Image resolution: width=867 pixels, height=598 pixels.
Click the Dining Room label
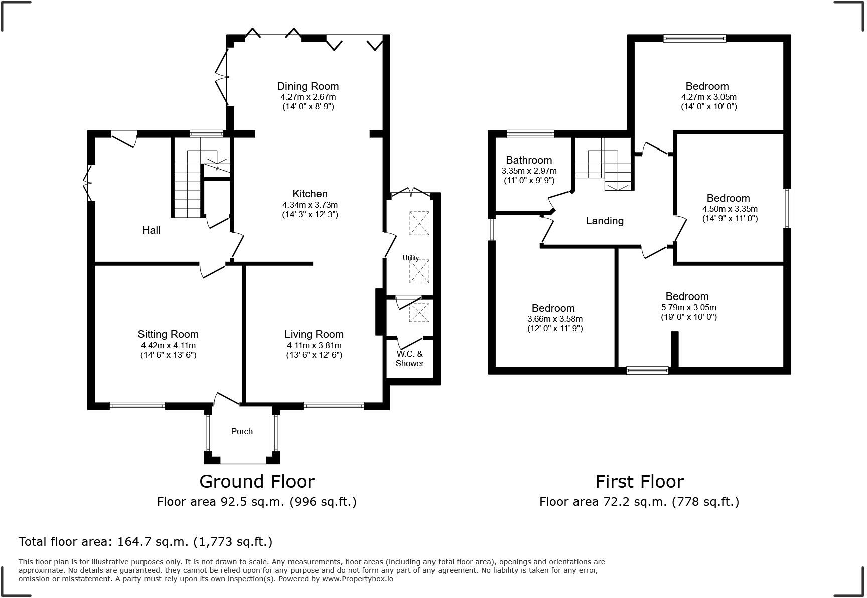[x=308, y=86]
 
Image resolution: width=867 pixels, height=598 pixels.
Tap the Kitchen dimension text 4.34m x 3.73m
[x=310, y=205]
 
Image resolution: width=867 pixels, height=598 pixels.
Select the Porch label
[x=242, y=431]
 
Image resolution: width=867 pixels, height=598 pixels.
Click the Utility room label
[x=411, y=258]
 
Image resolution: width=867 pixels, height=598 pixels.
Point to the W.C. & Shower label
[x=410, y=358]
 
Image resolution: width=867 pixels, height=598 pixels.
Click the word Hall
[x=151, y=230]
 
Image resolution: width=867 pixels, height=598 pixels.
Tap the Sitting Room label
[x=168, y=334]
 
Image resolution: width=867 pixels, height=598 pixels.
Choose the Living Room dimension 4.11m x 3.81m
[x=314, y=345]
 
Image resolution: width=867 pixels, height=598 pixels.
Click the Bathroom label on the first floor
[x=529, y=160]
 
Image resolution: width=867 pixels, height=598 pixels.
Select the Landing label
[x=605, y=221]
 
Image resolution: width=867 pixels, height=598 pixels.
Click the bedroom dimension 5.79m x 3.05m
[x=689, y=307]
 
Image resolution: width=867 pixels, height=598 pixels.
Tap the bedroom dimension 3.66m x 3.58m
[x=555, y=319]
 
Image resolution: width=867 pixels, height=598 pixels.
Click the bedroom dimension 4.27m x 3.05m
[x=709, y=97]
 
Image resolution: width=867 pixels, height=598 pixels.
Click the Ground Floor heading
[x=257, y=481]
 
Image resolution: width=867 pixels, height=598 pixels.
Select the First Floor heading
[x=639, y=481]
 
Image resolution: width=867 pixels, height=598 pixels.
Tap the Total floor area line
[x=146, y=542]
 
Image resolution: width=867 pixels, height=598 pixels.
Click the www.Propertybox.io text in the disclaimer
[x=358, y=579]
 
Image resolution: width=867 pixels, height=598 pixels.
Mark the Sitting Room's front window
[x=137, y=406]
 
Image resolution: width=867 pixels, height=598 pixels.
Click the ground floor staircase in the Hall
[x=188, y=183]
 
